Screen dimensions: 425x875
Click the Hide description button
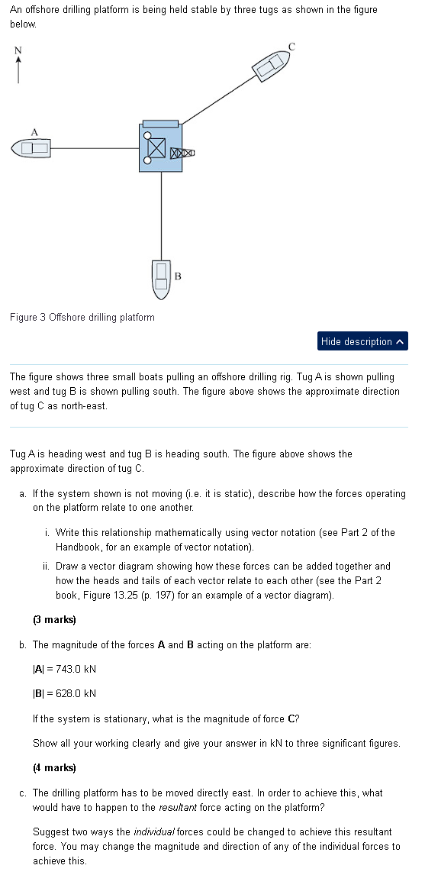(x=362, y=341)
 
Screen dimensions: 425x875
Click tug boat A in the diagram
(x=31, y=147)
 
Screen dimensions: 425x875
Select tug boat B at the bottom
(x=161, y=279)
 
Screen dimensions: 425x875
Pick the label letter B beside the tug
(x=178, y=275)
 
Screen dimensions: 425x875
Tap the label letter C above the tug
(x=291, y=47)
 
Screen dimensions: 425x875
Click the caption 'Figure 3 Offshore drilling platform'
(x=82, y=317)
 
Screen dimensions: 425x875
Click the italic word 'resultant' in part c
(x=180, y=806)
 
